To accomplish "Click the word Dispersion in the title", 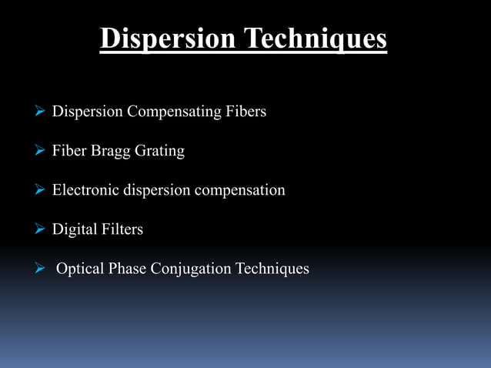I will [165, 38].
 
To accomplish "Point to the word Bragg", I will [110, 151].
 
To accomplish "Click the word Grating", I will [160, 151].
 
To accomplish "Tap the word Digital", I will [74, 229].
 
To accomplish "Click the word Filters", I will [122, 229].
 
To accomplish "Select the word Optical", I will [81, 269].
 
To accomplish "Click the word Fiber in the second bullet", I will [68, 151].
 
